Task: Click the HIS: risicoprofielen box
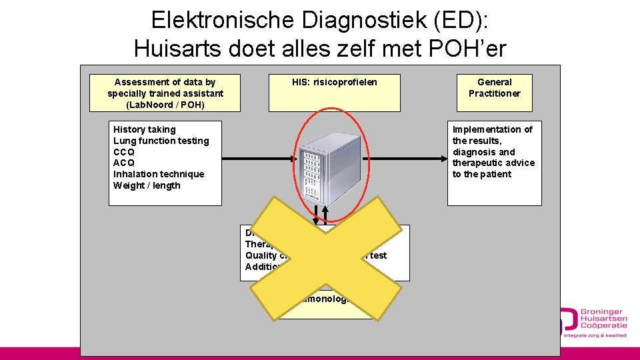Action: point(335,92)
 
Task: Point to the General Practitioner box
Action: point(494,88)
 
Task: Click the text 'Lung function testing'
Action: point(161,141)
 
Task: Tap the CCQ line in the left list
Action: point(123,152)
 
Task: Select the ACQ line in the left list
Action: point(123,163)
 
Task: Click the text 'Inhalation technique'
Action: point(159,174)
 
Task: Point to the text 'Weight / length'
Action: point(147,185)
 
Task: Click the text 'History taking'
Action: point(145,129)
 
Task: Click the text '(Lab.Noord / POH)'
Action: point(165,105)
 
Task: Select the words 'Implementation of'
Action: point(493,129)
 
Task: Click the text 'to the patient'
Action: point(482,174)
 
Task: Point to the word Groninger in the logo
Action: point(602,311)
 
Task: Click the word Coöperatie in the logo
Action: point(603,325)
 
